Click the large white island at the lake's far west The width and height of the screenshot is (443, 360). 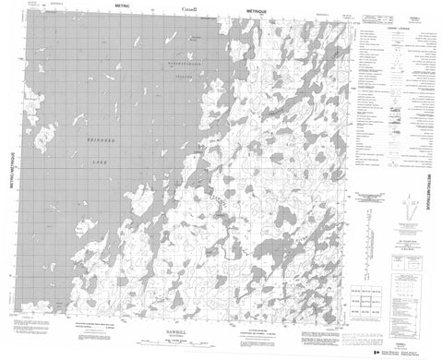(41, 138)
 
